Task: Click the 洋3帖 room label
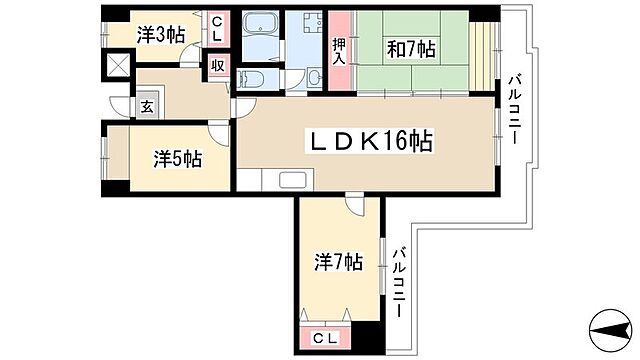coord(161,34)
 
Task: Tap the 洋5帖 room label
coord(178,157)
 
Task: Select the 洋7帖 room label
coord(337,263)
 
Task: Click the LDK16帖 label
coord(367,142)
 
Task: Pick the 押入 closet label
coord(340,49)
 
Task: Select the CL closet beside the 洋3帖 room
coord(217,32)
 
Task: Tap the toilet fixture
coord(254,79)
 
